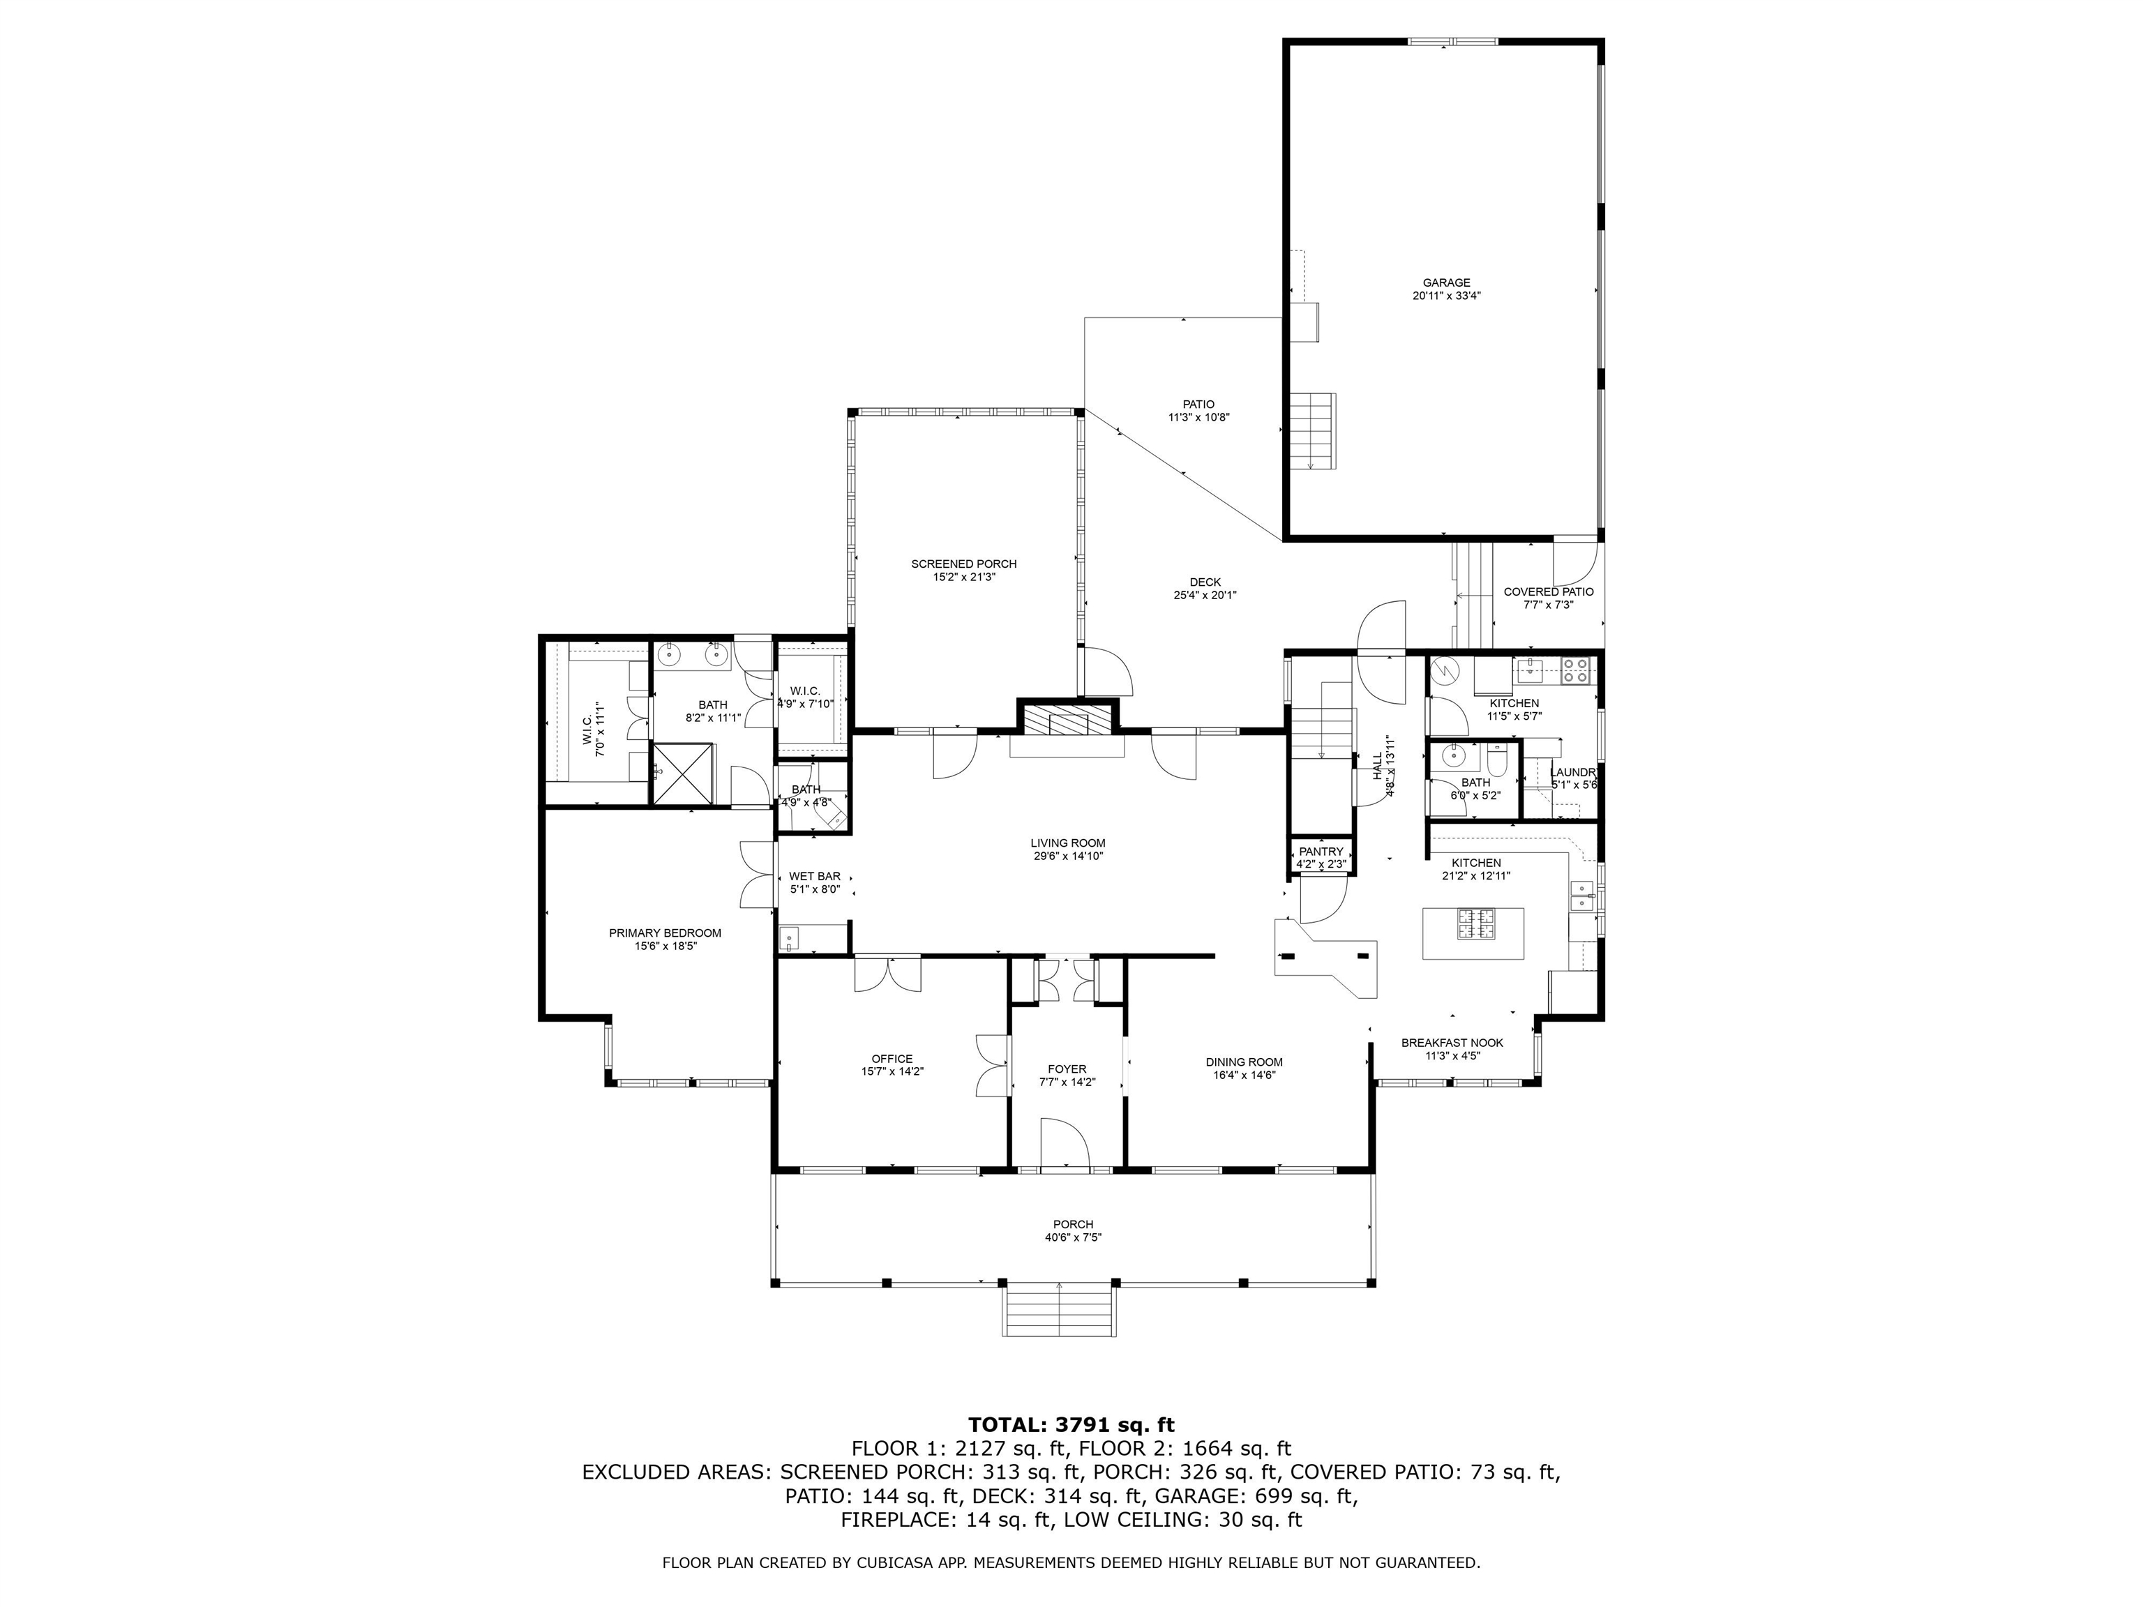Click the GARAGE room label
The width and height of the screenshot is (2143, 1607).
click(1445, 283)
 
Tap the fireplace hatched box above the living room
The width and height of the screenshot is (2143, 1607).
click(1066, 720)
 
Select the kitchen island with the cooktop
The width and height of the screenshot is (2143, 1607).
click(1473, 934)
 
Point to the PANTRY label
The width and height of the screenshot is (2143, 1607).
click(1321, 852)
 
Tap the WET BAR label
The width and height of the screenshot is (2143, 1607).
click(814, 875)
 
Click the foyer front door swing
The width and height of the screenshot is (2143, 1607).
click(1066, 1143)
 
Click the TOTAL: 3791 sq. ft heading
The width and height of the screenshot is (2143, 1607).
click(1071, 1425)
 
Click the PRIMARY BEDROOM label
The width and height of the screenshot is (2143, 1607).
click(665, 933)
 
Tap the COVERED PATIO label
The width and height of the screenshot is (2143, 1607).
click(1547, 592)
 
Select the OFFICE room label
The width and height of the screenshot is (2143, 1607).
click(892, 1059)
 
